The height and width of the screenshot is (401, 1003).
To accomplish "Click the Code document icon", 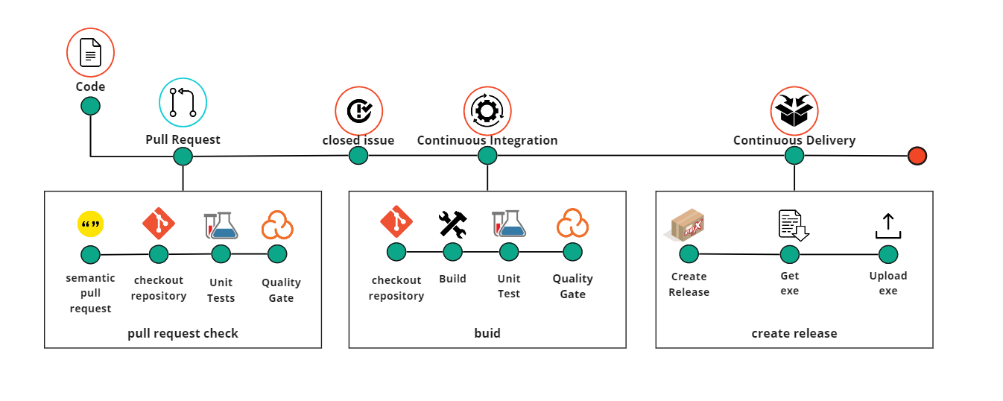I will click(x=90, y=53).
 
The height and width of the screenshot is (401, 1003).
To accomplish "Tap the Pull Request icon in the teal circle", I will click(x=183, y=102).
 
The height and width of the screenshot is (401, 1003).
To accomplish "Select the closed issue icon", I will click(x=358, y=111).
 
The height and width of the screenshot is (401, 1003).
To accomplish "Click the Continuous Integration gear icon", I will click(x=487, y=111).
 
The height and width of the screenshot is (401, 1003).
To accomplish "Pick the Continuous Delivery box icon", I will click(x=794, y=111).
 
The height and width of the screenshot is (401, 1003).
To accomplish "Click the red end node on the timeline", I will click(x=917, y=156).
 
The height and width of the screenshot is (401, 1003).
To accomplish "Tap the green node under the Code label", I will click(x=90, y=106).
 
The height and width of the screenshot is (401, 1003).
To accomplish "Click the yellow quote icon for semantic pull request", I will click(x=90, y=224).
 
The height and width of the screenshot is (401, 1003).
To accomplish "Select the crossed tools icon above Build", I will click(x=452, y=224).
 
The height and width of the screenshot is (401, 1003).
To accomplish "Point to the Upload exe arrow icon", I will click(x=888, y=226).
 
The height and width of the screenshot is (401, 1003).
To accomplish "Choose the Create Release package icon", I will click(x=688, y=224).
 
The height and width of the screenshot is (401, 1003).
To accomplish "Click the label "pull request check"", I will click(x=183, y=333).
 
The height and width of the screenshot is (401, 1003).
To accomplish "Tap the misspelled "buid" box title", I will click(x=487, y=333).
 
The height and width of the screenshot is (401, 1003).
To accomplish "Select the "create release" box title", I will click(x=794, y=333).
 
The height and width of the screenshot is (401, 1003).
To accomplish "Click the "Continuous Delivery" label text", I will click(x=794, y=140).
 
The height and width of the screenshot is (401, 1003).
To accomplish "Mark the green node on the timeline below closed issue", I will click(x=358, y=155).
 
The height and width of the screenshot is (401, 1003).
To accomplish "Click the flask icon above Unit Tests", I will click(x=221, y=225).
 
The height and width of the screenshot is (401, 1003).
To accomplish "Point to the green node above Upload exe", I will click(x=888, y=254).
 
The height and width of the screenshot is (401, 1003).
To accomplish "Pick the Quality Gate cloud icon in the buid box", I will click(x=572, y=224).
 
